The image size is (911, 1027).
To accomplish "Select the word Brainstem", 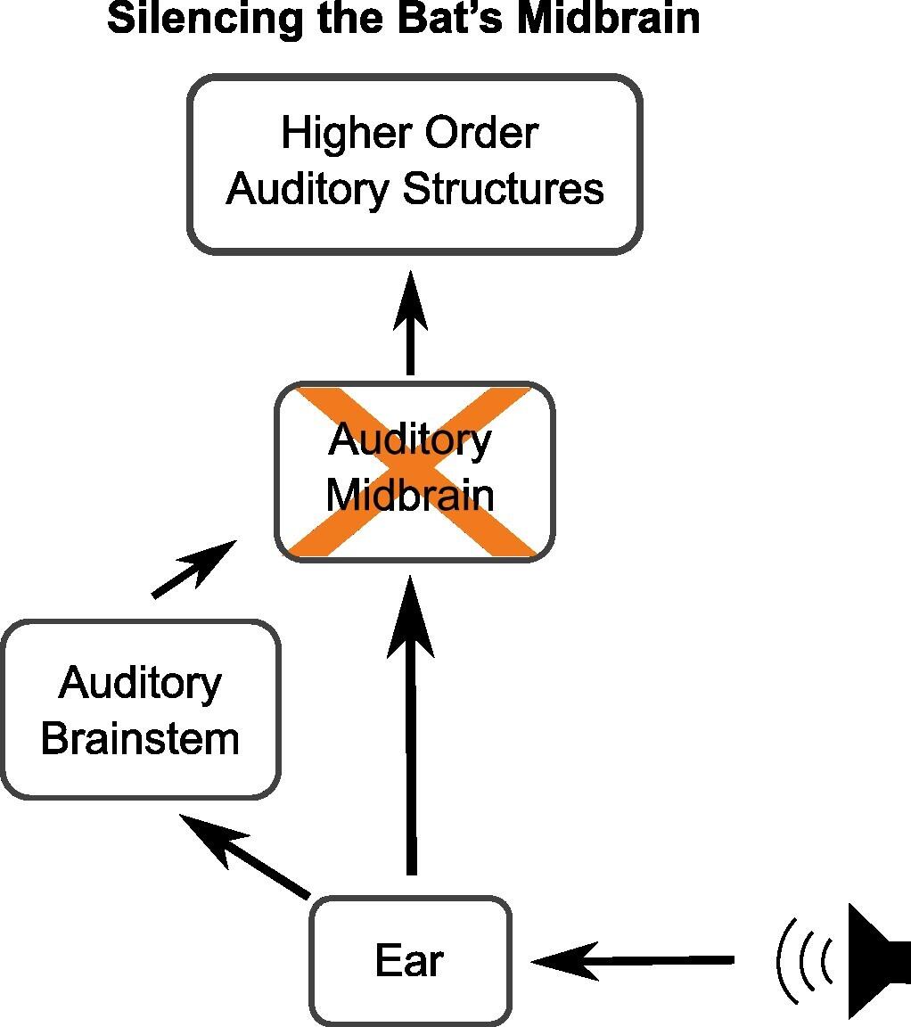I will click(141, 739).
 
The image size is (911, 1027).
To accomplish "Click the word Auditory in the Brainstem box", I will click(141, 684).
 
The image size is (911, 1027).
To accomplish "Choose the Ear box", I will click(410, 961).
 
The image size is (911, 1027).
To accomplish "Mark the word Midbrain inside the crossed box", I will click(410, 496).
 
